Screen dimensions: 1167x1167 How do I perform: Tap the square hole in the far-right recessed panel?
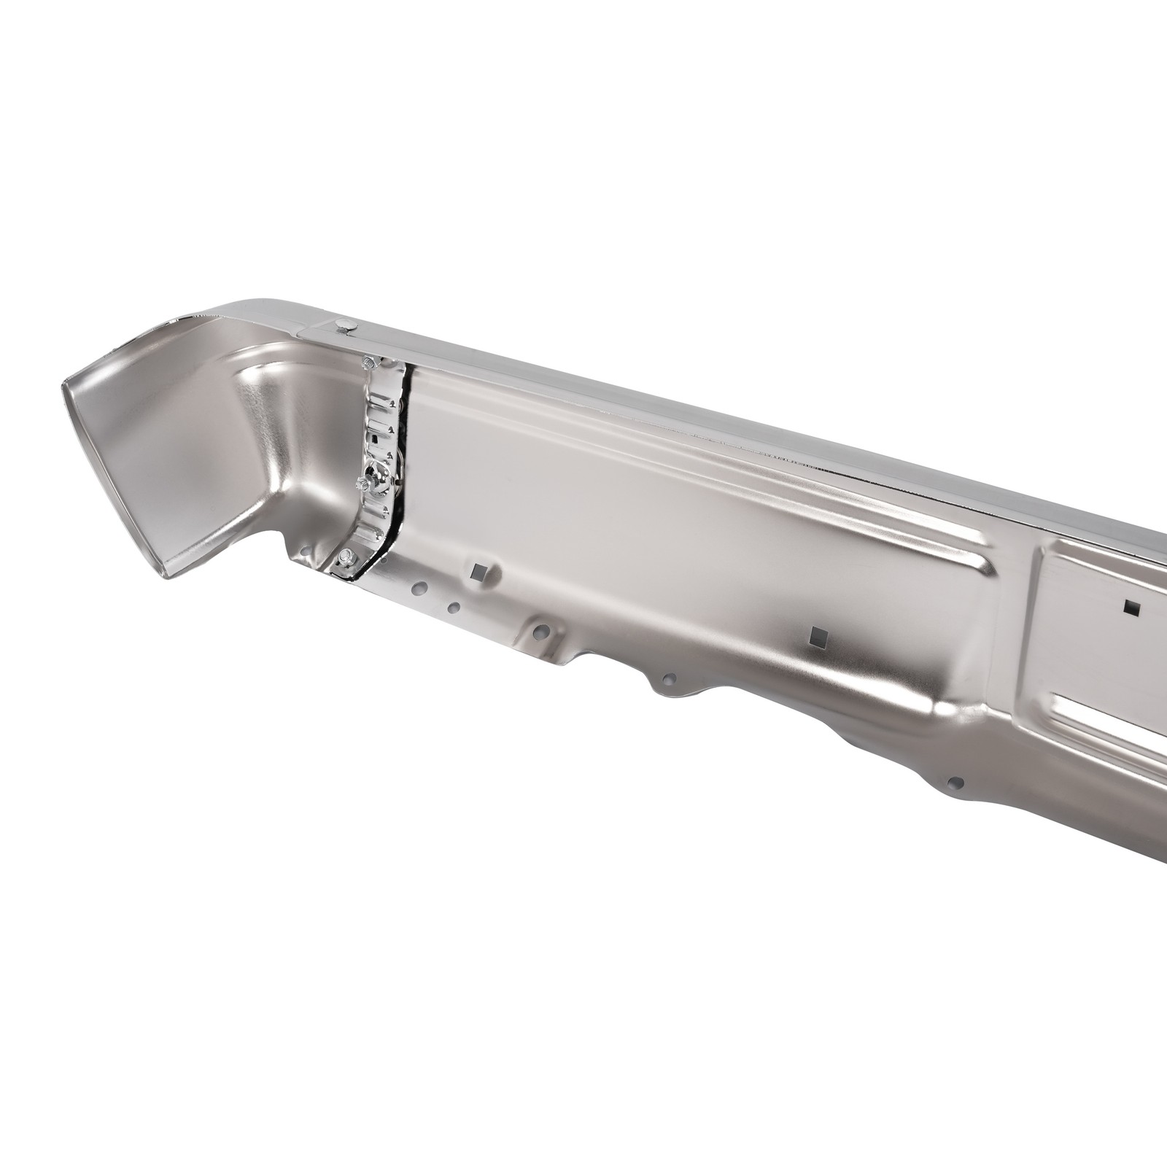(x=1132, y=608)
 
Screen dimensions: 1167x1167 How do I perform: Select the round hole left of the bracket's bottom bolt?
(x=306, y=551)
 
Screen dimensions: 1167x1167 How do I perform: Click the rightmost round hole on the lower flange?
(x=955, y=783)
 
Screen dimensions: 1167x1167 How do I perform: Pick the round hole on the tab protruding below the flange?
(x=665, y=678)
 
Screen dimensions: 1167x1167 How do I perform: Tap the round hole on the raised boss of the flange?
(x=541, y=628)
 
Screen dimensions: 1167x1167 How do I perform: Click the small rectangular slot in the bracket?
(x=374, y=438)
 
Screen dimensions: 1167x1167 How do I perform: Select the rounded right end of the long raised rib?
(x=985, y=568)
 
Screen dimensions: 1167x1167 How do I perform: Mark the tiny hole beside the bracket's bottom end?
(x=384, y=559)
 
